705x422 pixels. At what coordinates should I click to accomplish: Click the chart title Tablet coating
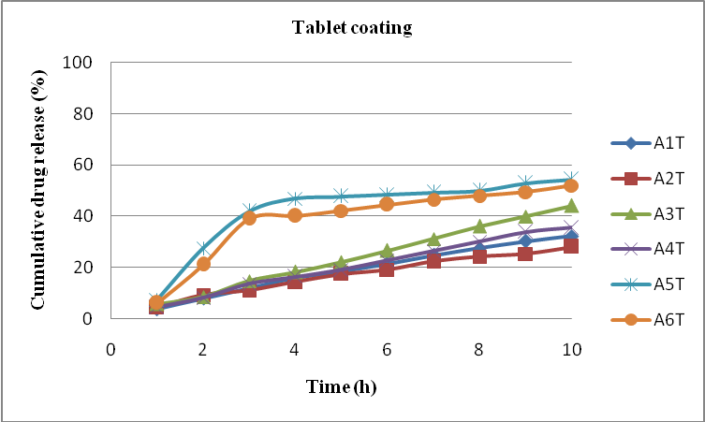coord(352,27)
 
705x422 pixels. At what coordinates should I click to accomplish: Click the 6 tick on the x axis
coord(388,350)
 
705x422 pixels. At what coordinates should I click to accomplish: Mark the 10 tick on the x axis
coord(571,350)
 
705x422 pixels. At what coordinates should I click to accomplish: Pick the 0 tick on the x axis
coord(111,350)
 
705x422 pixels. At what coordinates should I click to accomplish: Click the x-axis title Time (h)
coord(341,385)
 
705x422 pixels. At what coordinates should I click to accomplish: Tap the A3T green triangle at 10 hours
coord(571,206)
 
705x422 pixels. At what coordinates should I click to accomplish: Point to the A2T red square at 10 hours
coord(571,247)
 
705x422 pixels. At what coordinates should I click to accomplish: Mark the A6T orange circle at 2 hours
coord(203,264)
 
